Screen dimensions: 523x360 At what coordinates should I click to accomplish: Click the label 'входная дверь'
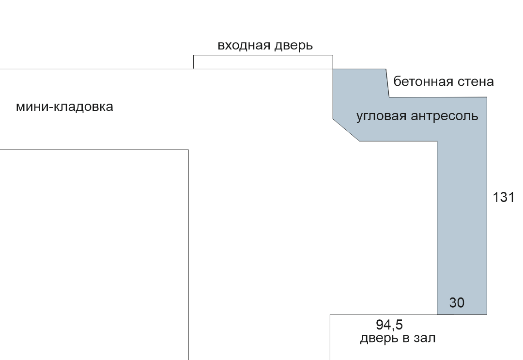(x=265, y=46)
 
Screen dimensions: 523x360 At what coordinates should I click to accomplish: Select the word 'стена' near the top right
(x=475, y=81)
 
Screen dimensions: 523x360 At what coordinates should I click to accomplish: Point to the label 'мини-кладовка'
(x=64, y=107)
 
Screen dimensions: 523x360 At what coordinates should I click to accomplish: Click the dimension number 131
(x=504, y=198)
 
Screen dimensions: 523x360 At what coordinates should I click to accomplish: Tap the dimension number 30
(x=457, y=303)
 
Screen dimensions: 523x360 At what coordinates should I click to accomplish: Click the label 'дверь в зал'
(x=398, y=338)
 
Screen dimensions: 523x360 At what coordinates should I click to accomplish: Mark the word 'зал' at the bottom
(x=424, y=338)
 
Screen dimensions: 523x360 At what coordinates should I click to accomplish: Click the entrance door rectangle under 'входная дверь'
(x=263, y=62)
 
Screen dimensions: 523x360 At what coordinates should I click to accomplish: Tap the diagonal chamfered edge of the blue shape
(x=346, y=130)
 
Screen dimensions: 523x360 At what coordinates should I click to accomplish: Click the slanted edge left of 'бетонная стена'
(x=387, y=83)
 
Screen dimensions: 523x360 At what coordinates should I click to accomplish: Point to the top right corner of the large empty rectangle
(x=188, y=150)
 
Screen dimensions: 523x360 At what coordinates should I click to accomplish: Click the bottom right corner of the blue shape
(x=487, y=314)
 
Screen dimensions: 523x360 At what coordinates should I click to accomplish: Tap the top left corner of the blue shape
(x=333, y=69)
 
